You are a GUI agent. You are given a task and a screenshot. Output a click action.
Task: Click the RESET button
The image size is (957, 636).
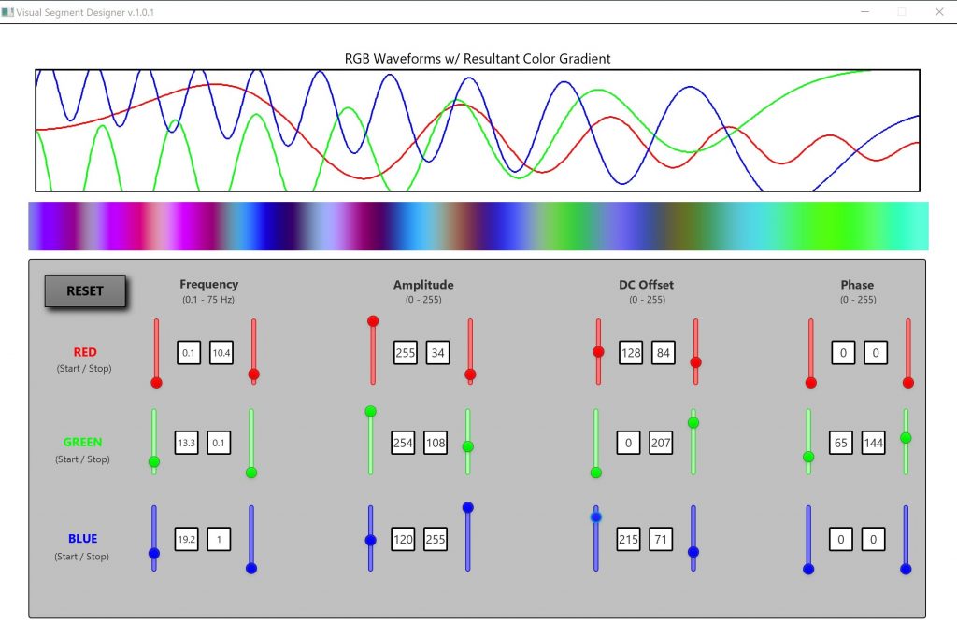[x=85, y=290]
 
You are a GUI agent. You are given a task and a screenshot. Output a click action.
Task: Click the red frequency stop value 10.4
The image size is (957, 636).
[x=221, y=352]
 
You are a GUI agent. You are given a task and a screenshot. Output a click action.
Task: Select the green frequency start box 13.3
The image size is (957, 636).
[x=186, y=443]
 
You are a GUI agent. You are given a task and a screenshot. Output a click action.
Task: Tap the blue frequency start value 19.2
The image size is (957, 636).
[x=186, y=539]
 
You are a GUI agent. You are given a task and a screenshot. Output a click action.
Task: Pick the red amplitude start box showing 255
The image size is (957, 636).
[x=406, y=352]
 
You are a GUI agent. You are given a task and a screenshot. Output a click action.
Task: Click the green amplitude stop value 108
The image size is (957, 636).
[x=436, y=443]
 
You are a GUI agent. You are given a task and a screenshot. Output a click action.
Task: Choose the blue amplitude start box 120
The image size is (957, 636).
[x=403, y=539]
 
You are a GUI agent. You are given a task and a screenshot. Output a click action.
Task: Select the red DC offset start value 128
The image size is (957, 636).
[x=631, y=352]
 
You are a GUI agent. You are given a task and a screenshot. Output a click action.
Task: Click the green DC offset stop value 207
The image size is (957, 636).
[x=661, y=443]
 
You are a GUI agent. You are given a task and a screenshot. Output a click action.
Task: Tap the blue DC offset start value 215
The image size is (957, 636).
[x=628, y=539]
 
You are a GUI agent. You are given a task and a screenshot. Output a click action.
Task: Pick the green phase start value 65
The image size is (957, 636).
[x=840, y=443]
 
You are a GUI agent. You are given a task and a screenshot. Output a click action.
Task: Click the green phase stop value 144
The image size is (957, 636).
[x=873, y=443]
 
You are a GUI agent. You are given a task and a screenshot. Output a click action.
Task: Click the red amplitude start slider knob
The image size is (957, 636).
[x=373, y=320]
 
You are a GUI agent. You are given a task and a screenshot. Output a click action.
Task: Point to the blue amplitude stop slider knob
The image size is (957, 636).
[x=467, y=507]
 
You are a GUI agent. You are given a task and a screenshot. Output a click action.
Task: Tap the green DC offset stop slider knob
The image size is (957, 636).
[x=693, y=422]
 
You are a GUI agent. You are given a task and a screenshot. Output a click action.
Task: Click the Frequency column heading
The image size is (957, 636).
[x=208, y=284]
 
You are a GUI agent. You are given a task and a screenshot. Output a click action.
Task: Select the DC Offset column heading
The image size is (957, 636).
[x=647, y=285]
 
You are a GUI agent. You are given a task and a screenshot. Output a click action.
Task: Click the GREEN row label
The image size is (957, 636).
[x=82, y=442]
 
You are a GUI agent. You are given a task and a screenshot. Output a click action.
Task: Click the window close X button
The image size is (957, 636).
[x=939, y=11]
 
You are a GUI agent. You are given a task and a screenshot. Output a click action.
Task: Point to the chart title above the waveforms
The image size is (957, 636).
[x=478, y=59]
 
